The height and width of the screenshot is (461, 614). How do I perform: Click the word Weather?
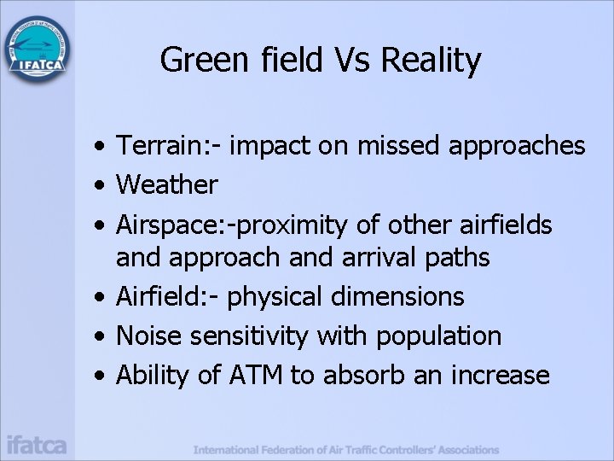point(167,184)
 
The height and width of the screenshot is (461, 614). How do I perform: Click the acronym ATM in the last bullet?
point(255,375)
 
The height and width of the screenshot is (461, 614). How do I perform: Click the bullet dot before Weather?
point(101,185)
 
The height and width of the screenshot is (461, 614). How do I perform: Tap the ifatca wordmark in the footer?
point(37,445)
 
